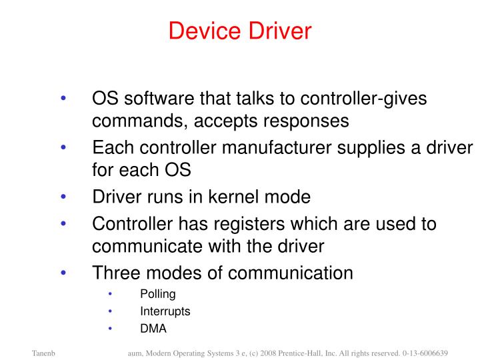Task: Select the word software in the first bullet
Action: coord(154,98)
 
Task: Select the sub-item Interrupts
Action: coord(165,311)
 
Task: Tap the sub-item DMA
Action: coord(153,329)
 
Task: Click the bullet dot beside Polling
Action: coord(111,294)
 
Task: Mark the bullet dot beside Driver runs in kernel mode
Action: coord(63,197)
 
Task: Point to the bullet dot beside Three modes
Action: coord(63,272)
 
